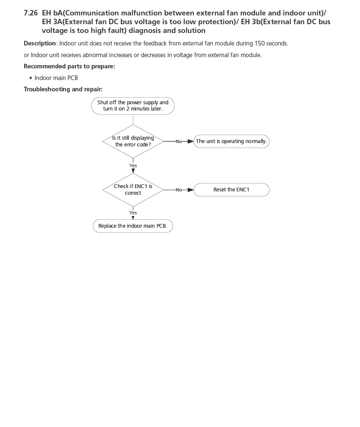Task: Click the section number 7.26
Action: click(31, 13)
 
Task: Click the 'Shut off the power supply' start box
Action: click(133, 105)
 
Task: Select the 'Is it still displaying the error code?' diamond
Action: click(133, 141)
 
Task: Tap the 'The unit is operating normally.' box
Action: click(231, 141)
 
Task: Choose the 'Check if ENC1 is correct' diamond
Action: click(133, 190)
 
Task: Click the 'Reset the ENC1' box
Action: click(231, 190)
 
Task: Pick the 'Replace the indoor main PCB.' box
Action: click(132, 226)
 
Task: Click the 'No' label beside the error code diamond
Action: click(178, 142)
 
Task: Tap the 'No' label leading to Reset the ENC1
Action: click(178, 190)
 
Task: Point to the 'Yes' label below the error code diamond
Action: click(133, 166)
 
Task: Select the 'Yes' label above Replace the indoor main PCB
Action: click(133, 213)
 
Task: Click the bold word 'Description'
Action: click(40, 43)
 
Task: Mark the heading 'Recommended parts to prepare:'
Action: click(69, 66)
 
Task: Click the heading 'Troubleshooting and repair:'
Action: click(63, 89)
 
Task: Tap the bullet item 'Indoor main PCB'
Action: click(56, 78)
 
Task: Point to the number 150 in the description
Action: click(260, 43)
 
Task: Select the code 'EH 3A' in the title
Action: click(52, 22)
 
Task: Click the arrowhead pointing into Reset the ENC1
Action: click(191, 190)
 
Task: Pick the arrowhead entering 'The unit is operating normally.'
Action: click(191, 141)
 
